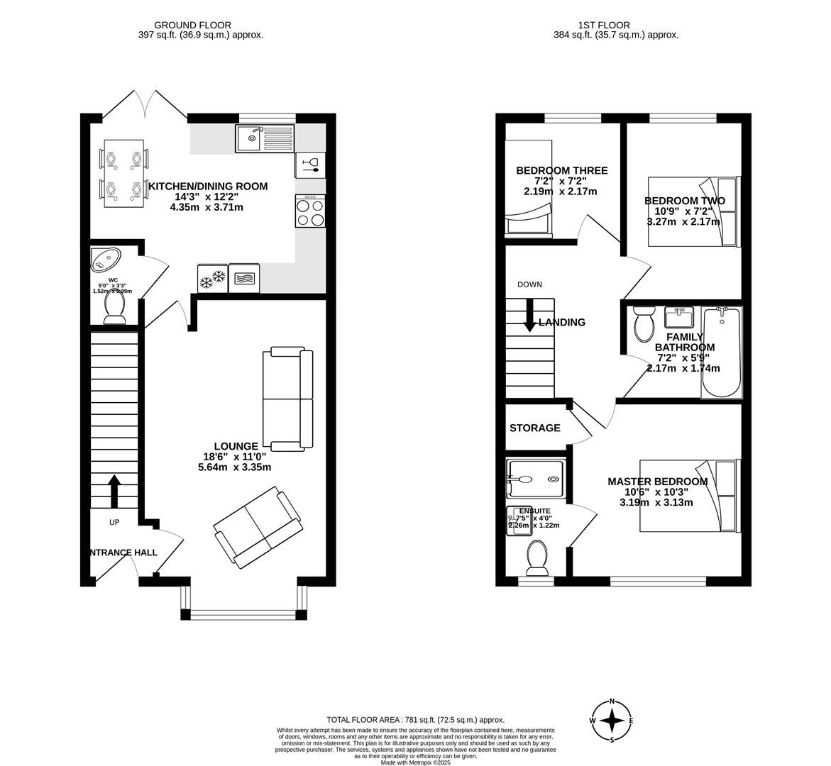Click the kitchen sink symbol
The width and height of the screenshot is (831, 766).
(265, 138)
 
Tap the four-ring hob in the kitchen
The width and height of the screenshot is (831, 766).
(310, 212)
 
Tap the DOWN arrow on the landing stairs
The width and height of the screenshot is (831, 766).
(529, 316)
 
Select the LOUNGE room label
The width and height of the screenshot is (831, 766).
(236, 446)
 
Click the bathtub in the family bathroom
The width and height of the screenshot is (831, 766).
(721, 353)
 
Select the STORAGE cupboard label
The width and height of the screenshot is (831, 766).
(534, 428)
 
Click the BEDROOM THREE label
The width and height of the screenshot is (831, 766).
(561, 171)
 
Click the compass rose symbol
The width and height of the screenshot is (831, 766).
(612, 721)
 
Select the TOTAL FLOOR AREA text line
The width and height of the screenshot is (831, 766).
(415, 719)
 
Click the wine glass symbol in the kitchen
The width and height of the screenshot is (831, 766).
(310, 165)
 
